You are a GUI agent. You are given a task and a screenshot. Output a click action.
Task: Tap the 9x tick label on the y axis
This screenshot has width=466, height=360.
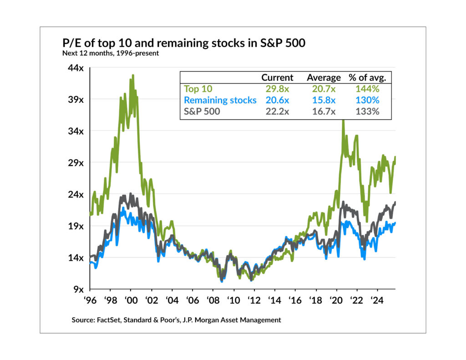[78, 289]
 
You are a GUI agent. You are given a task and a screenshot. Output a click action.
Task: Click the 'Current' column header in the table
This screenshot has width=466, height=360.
[277, 77]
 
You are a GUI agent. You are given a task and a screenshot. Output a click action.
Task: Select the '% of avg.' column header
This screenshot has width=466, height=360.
[367, 77]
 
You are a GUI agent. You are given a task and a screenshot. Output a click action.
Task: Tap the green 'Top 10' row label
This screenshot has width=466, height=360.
[198, 89]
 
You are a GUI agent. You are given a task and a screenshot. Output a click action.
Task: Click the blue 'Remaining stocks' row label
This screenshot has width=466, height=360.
[220, 100]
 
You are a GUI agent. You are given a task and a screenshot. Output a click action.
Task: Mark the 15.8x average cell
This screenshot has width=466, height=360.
[324, 100]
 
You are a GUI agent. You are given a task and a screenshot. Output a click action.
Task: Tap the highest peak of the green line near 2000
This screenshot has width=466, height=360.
[133, 76]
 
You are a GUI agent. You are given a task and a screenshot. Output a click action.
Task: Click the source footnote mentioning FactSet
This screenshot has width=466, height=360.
[176, 320]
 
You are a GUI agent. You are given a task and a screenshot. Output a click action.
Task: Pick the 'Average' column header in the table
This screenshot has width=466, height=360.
[324, 77]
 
